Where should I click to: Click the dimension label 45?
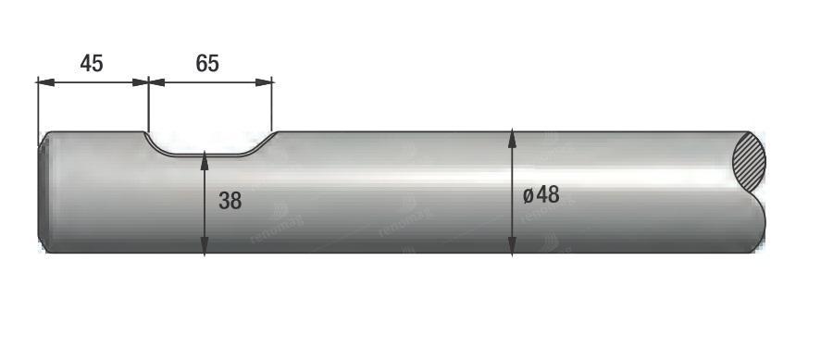(x=92, y=63)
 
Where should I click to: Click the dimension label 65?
(x=207, y=63)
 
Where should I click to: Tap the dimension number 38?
(x=230, y=201)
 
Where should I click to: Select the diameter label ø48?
(x=541, y=195)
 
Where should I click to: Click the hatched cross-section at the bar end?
(x=750, y=161)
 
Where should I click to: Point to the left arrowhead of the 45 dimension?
(x=46, y=82)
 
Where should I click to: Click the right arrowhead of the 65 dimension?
(x=264, y=82)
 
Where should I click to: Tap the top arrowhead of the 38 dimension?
(x=205, y=159)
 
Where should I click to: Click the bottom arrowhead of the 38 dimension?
(x=205, y=245)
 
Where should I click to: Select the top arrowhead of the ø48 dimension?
(x=512, y=139)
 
